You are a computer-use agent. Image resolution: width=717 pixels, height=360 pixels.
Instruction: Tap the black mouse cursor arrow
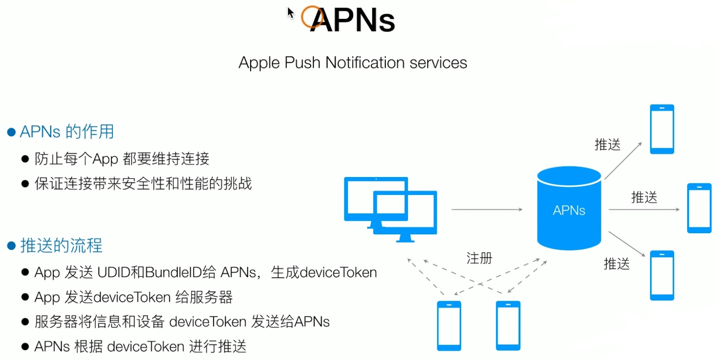(x=290, y=13)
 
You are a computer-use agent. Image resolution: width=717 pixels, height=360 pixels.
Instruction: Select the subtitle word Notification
(x=365, y=63)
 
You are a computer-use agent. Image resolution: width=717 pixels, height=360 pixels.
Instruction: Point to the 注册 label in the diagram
(x=479, y=258)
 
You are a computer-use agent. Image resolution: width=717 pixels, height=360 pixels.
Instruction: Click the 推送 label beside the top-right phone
(x=607, y=145)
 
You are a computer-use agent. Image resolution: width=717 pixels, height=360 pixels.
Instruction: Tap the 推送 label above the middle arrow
(x=644, y=197)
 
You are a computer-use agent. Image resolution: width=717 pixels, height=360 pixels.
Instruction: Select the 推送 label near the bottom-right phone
(x=616, y=264)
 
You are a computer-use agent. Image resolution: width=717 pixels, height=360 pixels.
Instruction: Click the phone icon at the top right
(x=662, y=129)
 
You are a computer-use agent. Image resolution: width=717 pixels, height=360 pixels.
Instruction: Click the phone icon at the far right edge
(x=699, y=208)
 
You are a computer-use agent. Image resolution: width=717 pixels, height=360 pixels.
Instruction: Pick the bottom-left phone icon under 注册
(x=449, y=326)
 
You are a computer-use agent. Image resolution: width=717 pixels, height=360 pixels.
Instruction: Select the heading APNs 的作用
(x=67, y=132)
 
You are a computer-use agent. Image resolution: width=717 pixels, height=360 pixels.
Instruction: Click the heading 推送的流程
(x=61, y=245)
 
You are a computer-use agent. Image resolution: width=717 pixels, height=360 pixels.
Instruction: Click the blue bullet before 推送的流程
(x=11, y=246)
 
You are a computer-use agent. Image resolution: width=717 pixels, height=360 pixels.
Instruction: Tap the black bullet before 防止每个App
(x=25, y=159)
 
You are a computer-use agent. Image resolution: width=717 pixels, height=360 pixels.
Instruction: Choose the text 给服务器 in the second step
(x=204, y=297)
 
